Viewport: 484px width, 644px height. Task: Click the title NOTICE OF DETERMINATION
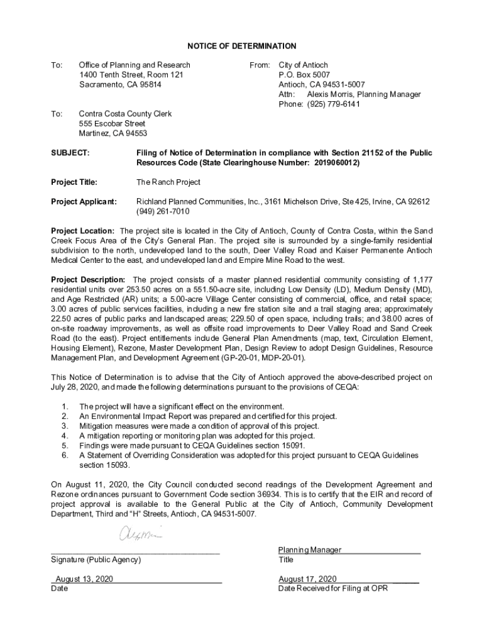241,47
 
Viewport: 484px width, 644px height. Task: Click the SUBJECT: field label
70,153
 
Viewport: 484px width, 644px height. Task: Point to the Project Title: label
74,182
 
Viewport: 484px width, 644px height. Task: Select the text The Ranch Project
168,182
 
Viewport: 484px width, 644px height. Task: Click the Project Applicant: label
84,201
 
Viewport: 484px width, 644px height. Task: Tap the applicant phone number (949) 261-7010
163,211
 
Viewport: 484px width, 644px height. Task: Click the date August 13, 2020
84,579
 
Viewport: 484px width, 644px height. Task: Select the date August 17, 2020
307,579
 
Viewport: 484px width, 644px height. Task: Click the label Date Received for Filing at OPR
333,589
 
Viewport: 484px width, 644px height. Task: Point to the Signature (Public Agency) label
96,559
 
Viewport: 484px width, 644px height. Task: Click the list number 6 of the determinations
64,455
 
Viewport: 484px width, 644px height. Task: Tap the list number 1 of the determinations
64,406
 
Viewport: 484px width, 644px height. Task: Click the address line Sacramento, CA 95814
120,84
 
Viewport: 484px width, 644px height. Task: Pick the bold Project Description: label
89,279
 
